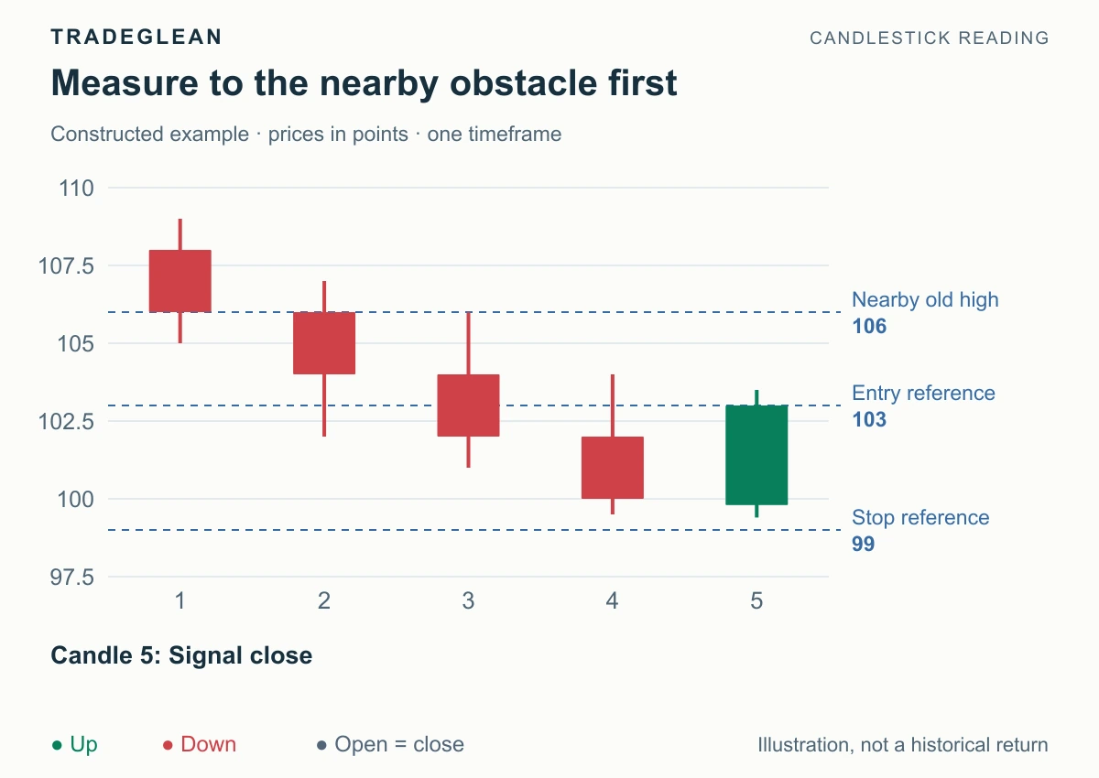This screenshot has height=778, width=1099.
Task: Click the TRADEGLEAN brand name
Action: (x=136, y=38)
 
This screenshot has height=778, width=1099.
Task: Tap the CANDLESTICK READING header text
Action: (x=930, y=38)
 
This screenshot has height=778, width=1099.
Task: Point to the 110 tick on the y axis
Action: (x=76, y=189)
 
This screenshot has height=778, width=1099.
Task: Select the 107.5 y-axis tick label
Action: (x=66, y=266)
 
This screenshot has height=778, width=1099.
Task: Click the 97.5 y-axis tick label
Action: (x=71, y=577)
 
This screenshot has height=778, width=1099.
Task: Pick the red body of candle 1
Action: (x=180, y=281)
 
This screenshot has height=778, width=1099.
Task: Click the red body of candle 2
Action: (x=324, y=343)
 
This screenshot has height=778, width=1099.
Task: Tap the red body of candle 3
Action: (x=469, y=405)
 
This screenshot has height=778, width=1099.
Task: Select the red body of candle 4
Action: (x=613, y=468)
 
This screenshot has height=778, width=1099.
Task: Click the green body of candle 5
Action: (x=757, y=455)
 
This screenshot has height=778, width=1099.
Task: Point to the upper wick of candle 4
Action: (x=613, y=405)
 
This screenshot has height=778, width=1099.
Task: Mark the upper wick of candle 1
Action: (x=180, y=234)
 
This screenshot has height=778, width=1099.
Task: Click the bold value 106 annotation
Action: (x=869, y=327)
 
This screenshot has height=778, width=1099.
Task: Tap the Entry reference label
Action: (x=923, y=394)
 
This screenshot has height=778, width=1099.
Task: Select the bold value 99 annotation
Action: (x=864, y=545)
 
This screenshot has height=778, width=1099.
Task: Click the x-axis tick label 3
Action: (x=468, y=601)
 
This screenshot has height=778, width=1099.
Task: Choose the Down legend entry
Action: (x=200, y=745)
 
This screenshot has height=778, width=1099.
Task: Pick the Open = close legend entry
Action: (x=390, y=745)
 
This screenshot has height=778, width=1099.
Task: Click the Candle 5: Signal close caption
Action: (x=181, y=655)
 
